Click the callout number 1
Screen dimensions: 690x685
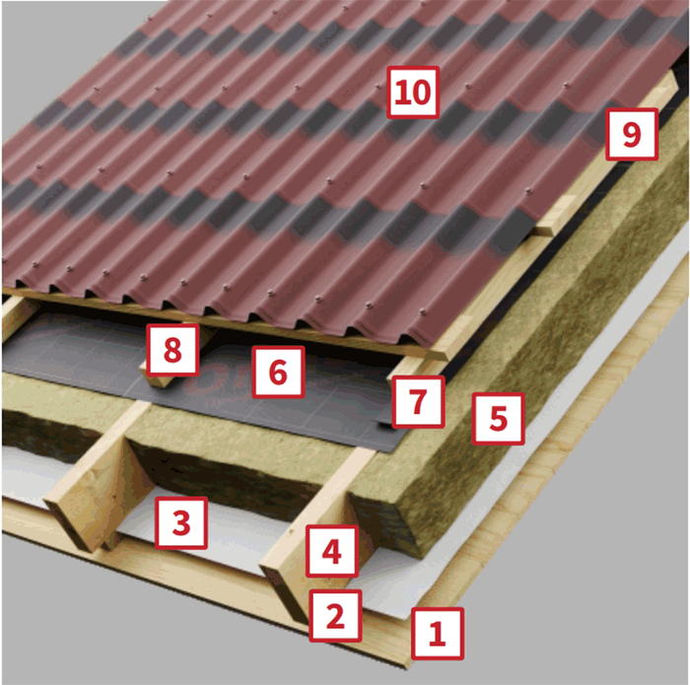coord(438,634)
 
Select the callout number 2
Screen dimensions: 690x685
coord(335,615)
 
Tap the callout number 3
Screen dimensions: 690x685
coord(181,523)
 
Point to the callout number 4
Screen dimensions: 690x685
coord(332,551)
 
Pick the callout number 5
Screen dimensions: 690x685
coord(498,418)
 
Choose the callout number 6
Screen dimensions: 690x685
coord(278,373)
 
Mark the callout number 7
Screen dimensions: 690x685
coord(418,402)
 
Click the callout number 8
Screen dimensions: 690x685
coord(172,350)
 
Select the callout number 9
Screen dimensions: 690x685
coord(632,134)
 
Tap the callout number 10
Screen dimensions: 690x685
coord(413,93)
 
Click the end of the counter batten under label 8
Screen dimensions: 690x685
coord(157,379)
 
